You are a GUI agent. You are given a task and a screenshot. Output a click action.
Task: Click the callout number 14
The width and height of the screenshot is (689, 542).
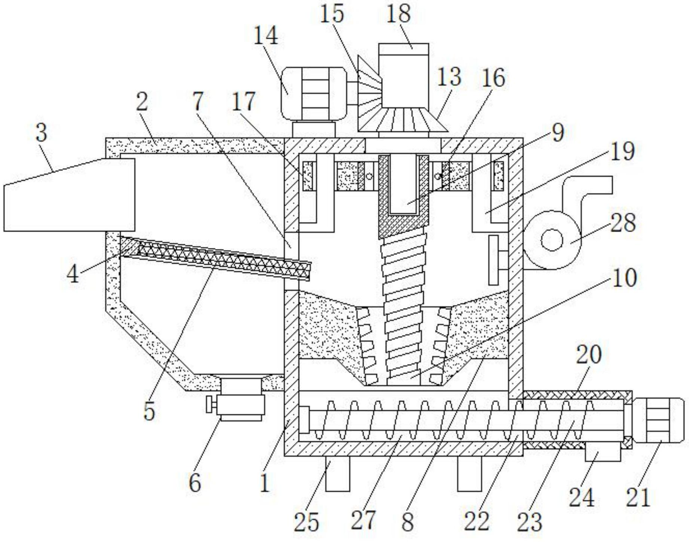point(266,36)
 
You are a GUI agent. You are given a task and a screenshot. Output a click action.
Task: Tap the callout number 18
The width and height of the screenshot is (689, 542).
point(399,13)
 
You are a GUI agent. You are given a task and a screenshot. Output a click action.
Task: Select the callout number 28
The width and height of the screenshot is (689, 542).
point(623,223)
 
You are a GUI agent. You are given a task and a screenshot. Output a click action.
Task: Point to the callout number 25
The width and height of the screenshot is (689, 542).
point(306,522)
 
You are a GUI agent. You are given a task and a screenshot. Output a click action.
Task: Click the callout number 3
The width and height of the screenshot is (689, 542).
point(42,133)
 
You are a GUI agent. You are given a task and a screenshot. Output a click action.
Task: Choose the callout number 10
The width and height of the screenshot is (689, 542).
point(625,278)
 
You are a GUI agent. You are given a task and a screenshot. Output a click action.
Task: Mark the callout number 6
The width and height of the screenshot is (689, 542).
point(195,483)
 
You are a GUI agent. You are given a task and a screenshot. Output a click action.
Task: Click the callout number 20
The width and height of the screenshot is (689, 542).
point(589,355)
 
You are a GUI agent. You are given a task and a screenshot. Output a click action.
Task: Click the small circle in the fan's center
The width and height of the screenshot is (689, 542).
point(552,240)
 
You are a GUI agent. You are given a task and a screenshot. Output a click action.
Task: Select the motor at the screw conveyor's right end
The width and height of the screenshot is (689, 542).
point(659,420)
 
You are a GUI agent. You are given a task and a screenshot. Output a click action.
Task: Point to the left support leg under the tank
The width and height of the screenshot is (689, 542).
point(338,474)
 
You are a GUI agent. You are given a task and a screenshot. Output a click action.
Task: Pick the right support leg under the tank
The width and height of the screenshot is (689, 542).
point(470,474)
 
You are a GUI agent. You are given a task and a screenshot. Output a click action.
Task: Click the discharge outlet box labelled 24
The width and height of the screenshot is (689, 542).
point(603,453)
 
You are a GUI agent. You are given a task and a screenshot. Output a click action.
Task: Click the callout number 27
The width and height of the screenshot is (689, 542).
point(363,520)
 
